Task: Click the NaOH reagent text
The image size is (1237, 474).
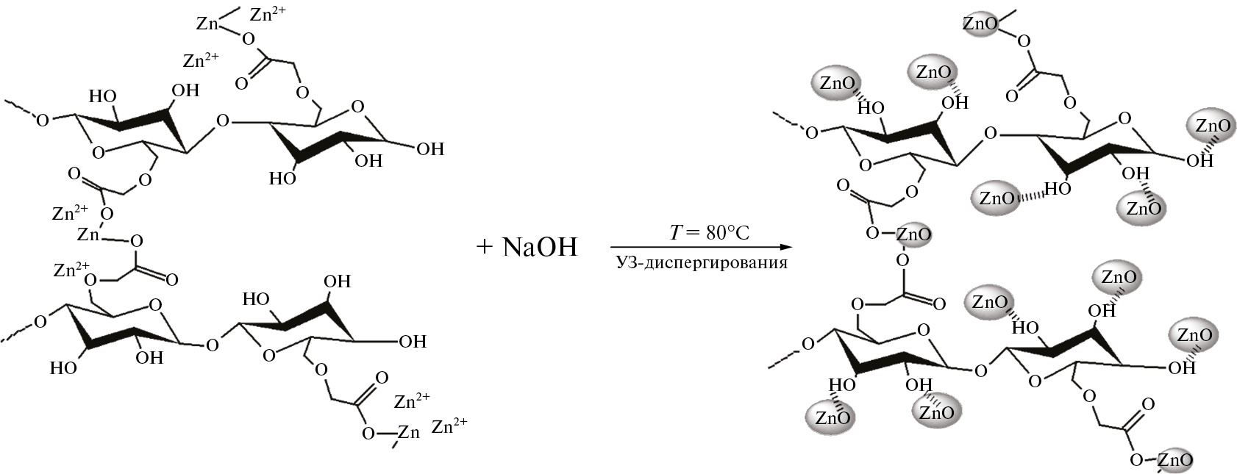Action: (x=541, y=247)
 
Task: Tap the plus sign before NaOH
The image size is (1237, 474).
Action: (x=483, y=247)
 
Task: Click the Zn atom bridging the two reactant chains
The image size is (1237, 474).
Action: (x=89, y=235)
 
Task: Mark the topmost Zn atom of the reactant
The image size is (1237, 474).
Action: (x=208, y=24)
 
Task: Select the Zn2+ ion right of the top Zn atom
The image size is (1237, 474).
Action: (x=268, y=14)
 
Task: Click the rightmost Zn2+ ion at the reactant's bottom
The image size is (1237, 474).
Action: (x=449, y=425)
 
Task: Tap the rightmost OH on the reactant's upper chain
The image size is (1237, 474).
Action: (x=430, y=149)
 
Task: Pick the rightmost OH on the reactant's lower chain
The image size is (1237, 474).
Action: (x=412, y=341)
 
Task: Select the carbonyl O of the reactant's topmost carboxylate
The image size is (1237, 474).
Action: (x=240, y=83)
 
